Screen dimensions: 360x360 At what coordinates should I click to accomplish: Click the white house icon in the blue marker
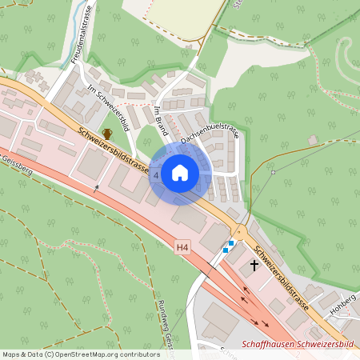(x=180, y=172)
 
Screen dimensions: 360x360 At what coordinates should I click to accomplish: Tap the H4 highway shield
(x=183, y=250)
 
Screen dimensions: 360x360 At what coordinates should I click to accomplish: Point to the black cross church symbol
(x=255, y=264)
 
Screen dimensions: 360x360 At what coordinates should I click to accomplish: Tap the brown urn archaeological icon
(x=107, y=134)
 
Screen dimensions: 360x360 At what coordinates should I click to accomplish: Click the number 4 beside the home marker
(x=156, y=174)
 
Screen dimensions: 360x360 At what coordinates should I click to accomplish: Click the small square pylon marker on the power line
(x=274, y=171)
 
